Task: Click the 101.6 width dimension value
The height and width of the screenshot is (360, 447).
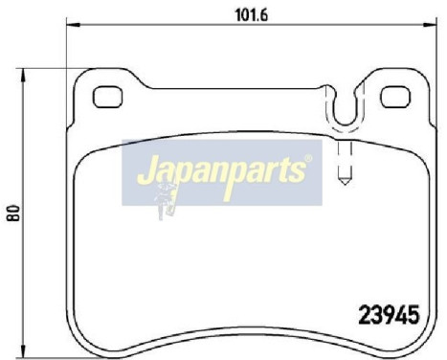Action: pyautogui.click(x=249, y=14)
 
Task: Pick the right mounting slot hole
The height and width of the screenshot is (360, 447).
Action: pyautogui.click(x=395, y=96)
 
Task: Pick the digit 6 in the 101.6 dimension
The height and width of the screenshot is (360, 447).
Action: pyautogui.click(x=263, y=14)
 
